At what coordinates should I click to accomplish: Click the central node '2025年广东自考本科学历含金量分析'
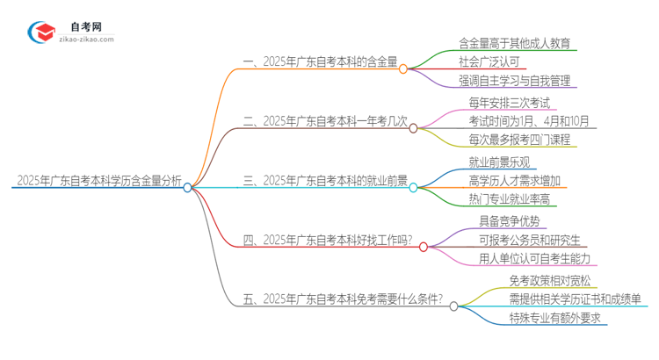(x=98, y=182)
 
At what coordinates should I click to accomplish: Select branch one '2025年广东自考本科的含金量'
(x=319, y=62)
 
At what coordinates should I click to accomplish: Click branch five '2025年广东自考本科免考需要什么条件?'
(x=343, y=299)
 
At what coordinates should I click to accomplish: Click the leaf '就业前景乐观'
(x=499, y=162)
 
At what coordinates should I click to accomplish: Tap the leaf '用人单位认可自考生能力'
(x=536, y=258)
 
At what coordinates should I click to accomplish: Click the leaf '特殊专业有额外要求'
(x=555, y=319)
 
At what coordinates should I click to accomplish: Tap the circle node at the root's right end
(x=187, y=187)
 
